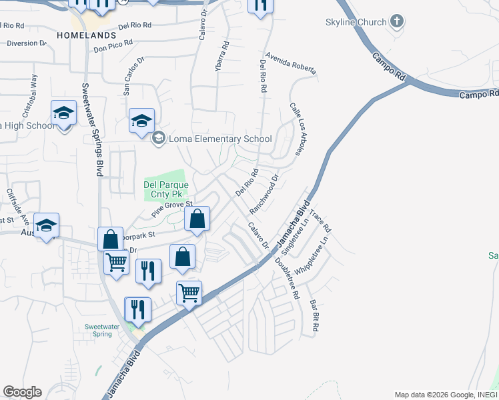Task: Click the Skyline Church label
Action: pyautogui.click(x=356, y=22)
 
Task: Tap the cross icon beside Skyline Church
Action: pyautogui.click(x=397, y=21)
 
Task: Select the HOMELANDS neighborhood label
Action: pyautogui.click(x=87, y=35)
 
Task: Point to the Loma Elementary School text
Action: pyautogui.click(x=220, y=139)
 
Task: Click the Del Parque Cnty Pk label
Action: pyautogui.click(x=167, y=189)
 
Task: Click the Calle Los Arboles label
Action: pyautogui.click(x=298, y=129)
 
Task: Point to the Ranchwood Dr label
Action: pyautogui.click(x=264, y=194)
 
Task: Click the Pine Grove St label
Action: pyautogui.click(x=172, y=209)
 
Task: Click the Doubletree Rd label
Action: pyautogui.click(x=287, y=277)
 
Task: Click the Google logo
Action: pyautogui.click(x=22, y=392)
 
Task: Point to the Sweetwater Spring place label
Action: pyautogui.click(x=107, y=330)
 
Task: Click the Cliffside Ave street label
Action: pyautogui.click(x=18, y=206)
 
